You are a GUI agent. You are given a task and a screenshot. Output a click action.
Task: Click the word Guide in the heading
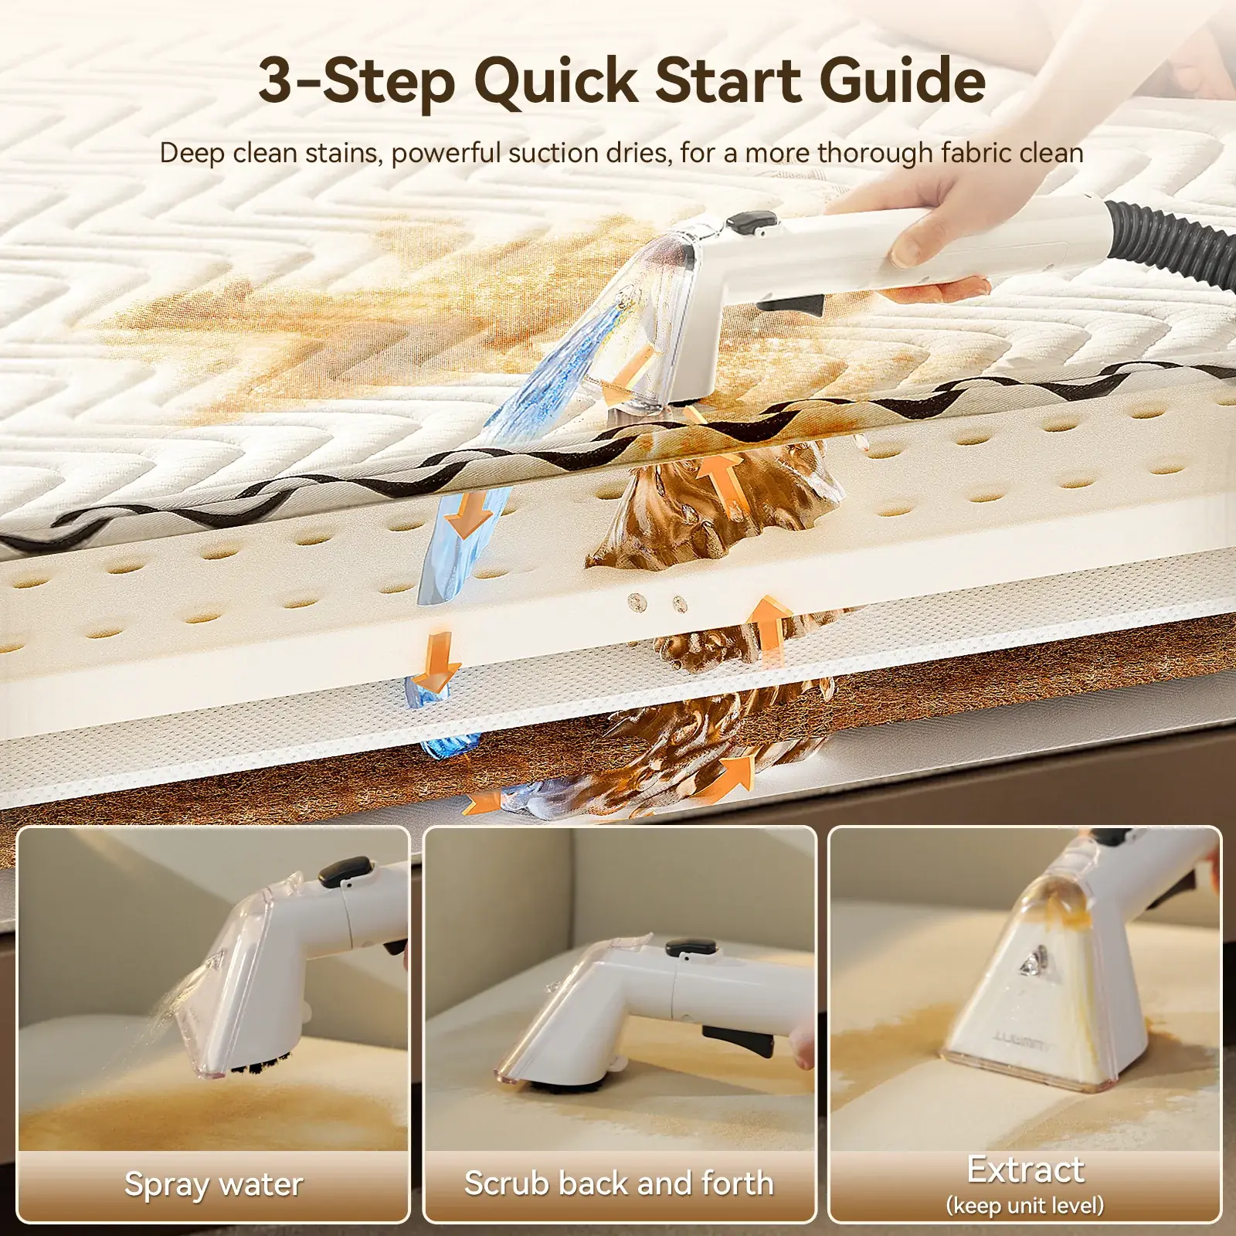coord(902,80)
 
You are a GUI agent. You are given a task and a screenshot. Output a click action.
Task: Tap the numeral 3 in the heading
coord(276,80)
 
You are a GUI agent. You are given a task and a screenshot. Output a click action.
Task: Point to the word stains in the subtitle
coord(344,153)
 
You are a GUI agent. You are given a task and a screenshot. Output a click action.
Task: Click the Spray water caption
coord(214,1184)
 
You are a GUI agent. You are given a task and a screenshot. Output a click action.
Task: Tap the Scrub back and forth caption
coord(619,1183)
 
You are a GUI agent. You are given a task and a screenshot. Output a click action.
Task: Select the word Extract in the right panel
coord(1025,1170)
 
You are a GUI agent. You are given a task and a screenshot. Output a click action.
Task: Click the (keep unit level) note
coord(1025,1205)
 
